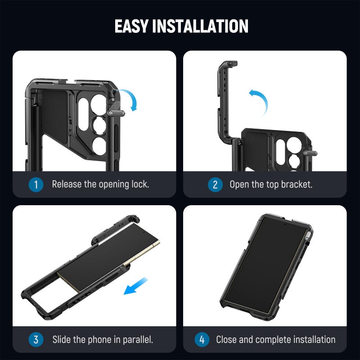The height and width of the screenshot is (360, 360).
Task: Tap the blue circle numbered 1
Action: coord(36,184)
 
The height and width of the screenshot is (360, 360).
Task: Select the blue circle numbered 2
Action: coord(215,184)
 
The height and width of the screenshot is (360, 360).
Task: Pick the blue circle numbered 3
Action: coord(36,339)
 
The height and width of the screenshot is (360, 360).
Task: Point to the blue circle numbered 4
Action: coord(202,339)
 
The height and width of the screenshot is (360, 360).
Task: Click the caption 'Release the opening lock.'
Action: coord(100,184)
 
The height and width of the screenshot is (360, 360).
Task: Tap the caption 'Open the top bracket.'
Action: coord(270,184)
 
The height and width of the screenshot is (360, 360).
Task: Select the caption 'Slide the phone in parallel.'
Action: coord(103,339)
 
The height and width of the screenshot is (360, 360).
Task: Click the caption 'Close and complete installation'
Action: coord(275,339)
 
